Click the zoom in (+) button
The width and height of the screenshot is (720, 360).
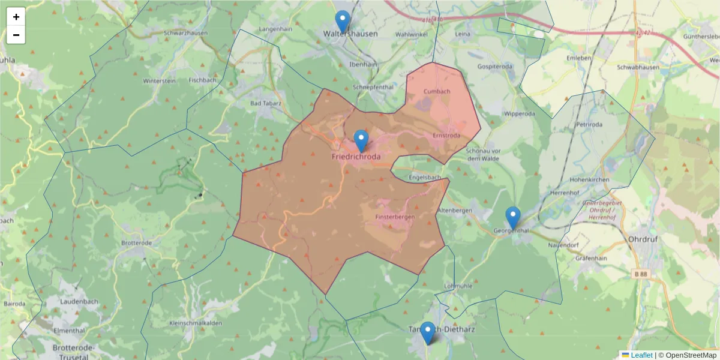click(16, 17)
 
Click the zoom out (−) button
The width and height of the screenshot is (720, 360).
click(16, 35)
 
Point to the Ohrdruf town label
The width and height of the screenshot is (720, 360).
click(643, 239)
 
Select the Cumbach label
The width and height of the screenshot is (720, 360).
click(437, 91)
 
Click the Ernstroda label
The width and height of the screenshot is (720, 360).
click(446, 136)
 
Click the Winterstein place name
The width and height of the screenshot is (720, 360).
click(159, 80)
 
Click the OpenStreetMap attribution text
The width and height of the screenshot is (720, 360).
click(691, 355)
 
